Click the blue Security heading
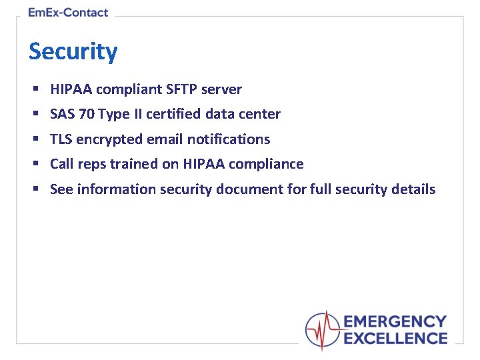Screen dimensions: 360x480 [73, 51]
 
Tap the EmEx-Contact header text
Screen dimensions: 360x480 [68, 13]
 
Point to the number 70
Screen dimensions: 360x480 [87, 114]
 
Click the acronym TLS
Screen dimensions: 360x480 [61, 139]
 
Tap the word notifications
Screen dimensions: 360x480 [229, 139]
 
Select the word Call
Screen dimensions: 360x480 [62, 164]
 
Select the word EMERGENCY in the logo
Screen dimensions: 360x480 [395, 323]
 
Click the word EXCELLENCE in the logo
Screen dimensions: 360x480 [395, 339]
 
